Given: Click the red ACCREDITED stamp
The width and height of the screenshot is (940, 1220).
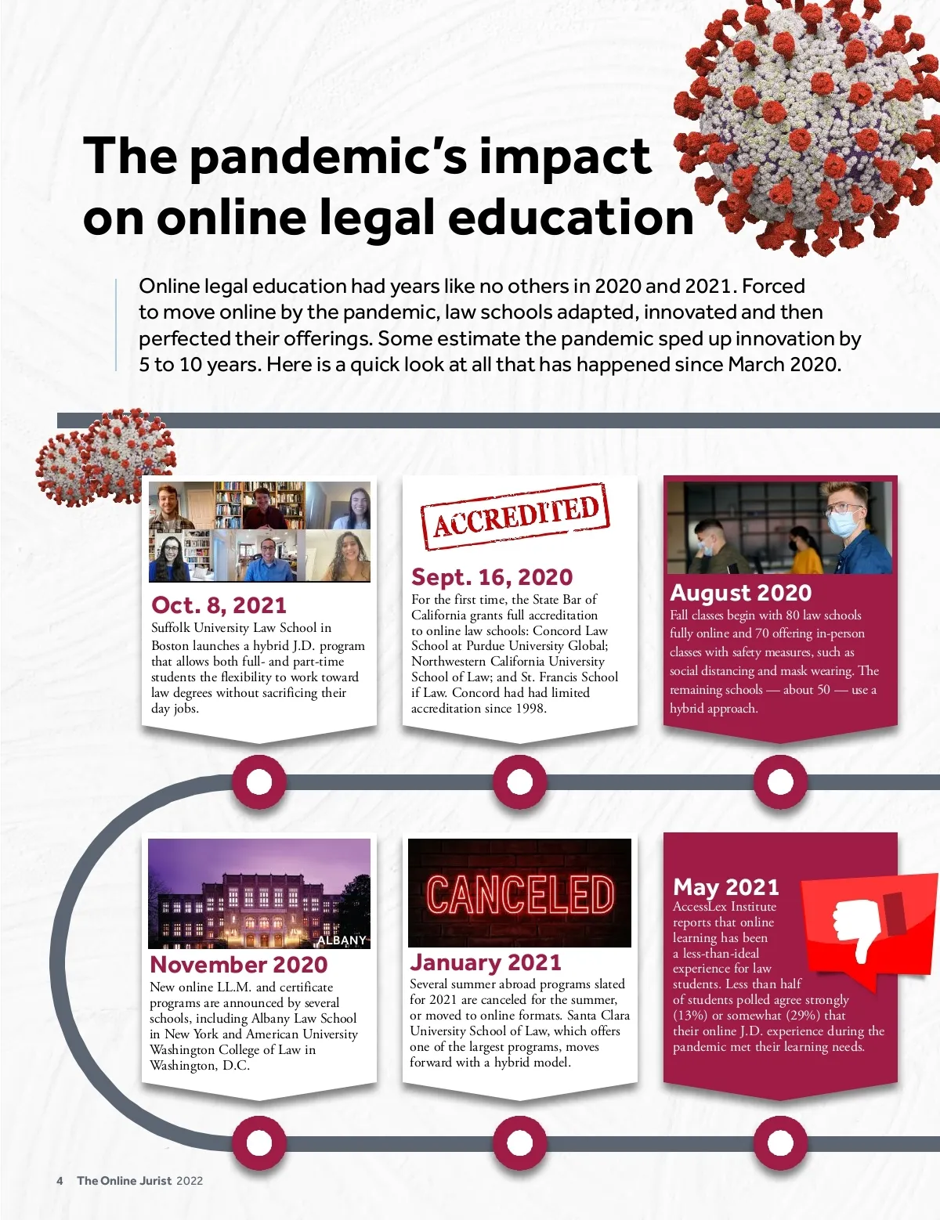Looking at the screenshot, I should [515, 516].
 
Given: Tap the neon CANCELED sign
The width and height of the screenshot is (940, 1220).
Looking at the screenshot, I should [520, 894].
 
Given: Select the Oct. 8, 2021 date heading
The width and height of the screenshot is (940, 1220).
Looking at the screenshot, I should [219, 605].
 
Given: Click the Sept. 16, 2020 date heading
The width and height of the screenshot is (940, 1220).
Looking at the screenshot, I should [492, 577].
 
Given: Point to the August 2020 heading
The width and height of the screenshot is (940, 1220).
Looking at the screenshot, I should [740, 593].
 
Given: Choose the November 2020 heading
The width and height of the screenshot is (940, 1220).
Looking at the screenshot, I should [239, 964].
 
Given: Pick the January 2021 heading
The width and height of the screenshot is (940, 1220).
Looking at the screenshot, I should [486, 962].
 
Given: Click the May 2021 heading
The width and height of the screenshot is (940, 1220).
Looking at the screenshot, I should [726, 887].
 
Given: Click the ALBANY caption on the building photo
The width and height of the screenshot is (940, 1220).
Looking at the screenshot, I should [342, 940].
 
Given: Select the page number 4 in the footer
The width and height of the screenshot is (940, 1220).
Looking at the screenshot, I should [60, 1181].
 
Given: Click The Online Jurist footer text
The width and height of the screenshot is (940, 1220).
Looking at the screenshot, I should [124, 1181].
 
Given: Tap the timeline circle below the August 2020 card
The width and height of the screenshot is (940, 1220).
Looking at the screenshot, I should [780, 781].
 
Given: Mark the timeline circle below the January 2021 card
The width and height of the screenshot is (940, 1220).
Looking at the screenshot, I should [519, 1143].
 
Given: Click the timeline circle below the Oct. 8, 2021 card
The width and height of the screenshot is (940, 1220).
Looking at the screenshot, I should [259, 781].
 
